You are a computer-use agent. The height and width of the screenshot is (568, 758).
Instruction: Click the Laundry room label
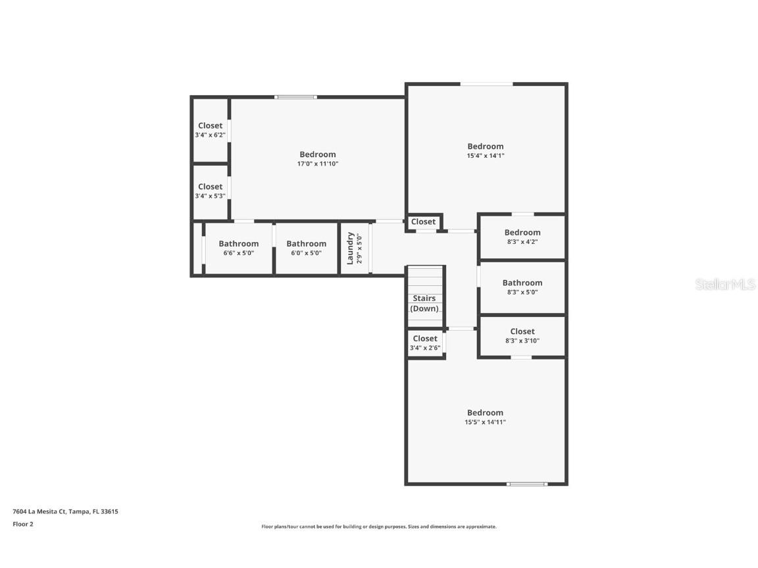coord(351,248)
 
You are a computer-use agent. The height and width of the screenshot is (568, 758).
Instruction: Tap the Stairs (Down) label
coord(424,303)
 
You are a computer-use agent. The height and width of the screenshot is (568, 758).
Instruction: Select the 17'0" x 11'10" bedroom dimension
coord(318,164)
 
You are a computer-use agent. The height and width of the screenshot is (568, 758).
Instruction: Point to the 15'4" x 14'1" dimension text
coord(486,156)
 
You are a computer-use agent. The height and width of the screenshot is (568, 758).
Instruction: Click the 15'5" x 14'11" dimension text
coord(485,422)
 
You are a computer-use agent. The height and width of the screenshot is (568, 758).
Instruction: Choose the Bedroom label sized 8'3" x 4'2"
coord(522,232)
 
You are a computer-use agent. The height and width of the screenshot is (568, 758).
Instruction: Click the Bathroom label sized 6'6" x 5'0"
coord(238,243)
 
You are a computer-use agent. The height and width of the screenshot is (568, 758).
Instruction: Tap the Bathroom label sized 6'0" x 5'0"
coord(306,243)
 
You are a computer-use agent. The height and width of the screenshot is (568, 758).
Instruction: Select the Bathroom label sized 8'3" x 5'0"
coord(522,283)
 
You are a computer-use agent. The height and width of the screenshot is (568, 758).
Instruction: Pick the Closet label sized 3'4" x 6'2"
coord(211,126)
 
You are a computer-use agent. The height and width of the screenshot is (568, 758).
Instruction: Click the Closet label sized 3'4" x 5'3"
coord(211,187)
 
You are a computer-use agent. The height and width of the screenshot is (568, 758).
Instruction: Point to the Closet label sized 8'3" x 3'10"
coord(522,331)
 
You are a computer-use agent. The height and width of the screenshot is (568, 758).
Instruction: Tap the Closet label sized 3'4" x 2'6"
coord(425,339)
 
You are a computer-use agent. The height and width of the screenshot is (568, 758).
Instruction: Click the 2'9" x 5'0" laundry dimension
coord(359,248)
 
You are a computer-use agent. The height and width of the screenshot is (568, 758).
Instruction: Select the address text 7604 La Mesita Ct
coord(39,511)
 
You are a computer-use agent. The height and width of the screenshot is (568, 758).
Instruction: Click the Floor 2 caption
coord(23,524)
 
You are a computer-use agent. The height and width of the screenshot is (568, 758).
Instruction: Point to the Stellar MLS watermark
coord(725,284)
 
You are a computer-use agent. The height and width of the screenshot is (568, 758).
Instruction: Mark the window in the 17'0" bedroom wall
coord(296,97)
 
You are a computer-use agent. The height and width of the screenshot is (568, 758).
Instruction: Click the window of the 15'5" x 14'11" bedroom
coord(527,483)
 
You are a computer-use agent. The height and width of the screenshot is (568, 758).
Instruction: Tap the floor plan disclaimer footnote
coord(379,527)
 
